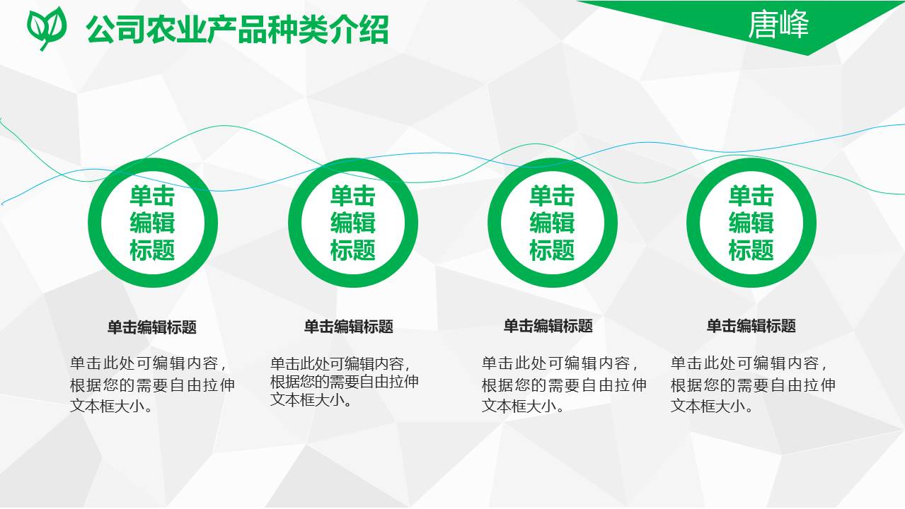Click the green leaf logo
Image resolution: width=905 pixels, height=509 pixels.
pyautogui.click(x=47, y=27)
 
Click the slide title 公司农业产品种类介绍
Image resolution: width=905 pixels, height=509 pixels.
pyautogui.click(x=237, y=30)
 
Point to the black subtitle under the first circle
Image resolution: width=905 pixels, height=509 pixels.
pyautogui.click(x=152, y=327)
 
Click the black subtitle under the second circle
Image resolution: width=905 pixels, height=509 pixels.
pyautogui.click(x=349, y=327)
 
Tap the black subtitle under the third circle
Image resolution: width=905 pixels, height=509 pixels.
pyautogui.click(x=548, y=326)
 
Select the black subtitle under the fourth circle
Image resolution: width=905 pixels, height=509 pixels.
pyautogui.click(x=751, y=326)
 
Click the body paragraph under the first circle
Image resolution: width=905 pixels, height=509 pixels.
pyautogui.click(x=152, y=385)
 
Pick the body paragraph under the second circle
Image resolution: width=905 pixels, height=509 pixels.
pyautogui.click(x=345, y=382)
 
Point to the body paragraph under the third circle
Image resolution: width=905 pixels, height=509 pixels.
pyautogui.click(x=564, y=385)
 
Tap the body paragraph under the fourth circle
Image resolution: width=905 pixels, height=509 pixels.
pyautogui.click(x=753, y=385)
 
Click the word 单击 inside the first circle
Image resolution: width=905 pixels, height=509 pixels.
pyautogui.click(x=152, y=197)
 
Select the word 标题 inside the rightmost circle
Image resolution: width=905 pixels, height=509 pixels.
pyautogui.click(x=751, y=250)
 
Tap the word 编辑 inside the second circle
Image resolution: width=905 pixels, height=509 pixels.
pyautogui.click(x=352, y=223)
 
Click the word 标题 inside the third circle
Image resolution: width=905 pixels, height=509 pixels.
pyautogui.click(x=552, y=250)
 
